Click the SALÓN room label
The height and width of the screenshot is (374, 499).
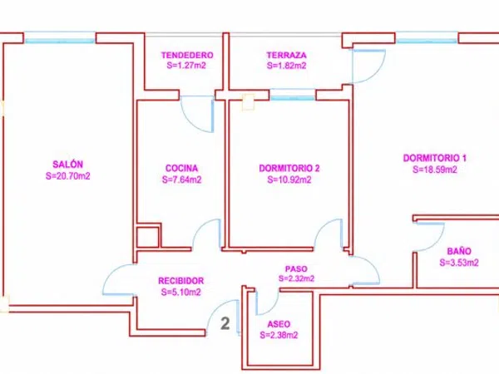[x=68, y=165]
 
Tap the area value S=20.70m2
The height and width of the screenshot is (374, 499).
[x=68, y=176]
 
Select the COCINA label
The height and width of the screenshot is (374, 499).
[x=181, y=168]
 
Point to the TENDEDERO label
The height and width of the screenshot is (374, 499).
[x=187, y=56]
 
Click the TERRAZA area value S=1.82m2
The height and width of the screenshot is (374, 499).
[x=287, y=66]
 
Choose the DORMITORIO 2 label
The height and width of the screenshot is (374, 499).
[x=289, y=168]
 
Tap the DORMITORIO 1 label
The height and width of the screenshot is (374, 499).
[x=435, y=158]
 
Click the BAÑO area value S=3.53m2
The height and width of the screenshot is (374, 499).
[x=459, y=263]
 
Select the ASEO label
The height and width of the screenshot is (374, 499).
[x=279, y=324]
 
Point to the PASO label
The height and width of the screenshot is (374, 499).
[x=296, y=269]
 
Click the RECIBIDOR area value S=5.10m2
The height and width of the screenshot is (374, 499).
[x=180, y=292]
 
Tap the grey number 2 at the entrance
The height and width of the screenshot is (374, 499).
[x=225, y=324]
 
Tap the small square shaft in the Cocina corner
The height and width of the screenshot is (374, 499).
[x=147, y=237]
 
